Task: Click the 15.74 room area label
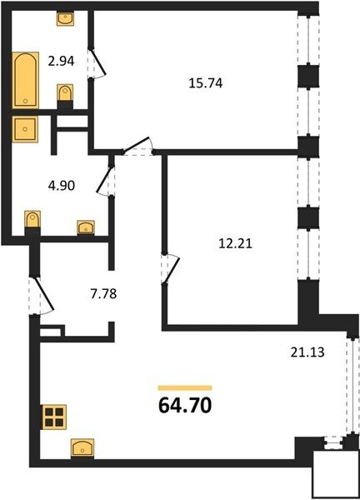(206, 82)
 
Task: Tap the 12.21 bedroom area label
(235, 243)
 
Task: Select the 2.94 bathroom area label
(61, 61)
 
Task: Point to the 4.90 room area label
(62, 185)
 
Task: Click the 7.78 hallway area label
(103, 293)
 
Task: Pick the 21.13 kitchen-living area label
(307, 352)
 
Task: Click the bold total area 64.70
(185, 405)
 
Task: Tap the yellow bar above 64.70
(185, 387)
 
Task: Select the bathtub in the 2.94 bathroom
(26, 80)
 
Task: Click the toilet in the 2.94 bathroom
(65, 95)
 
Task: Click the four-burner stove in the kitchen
(53, 417)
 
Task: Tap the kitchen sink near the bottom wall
(82, 448)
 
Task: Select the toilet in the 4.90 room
(32, 222)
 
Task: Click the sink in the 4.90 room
(86, 227)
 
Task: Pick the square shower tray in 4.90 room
(25, 129)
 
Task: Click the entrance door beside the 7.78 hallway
(42, 295)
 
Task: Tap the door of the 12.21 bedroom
(171, 268)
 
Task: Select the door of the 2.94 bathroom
(97, 62)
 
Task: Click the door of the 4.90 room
(106, 181)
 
